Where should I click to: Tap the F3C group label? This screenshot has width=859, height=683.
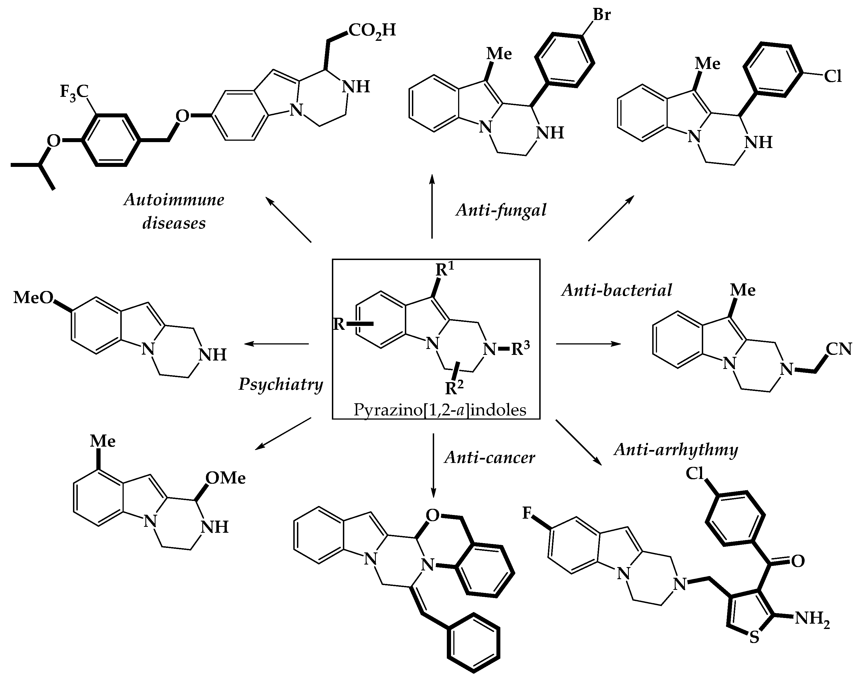[x=74, y=92]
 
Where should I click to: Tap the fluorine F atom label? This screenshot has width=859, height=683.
[x=527, y=513]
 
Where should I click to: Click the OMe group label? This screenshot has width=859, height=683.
[x=225, y=478]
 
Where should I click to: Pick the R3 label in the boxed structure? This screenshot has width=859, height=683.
[x=520, y=348]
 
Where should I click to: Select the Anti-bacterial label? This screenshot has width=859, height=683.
[x=616, y=290]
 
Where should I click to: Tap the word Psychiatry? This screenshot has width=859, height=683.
[x=281, y=384]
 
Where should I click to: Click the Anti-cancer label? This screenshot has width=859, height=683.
[x=490, y=457]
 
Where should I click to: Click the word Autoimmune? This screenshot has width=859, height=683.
[x=174, y=200]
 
